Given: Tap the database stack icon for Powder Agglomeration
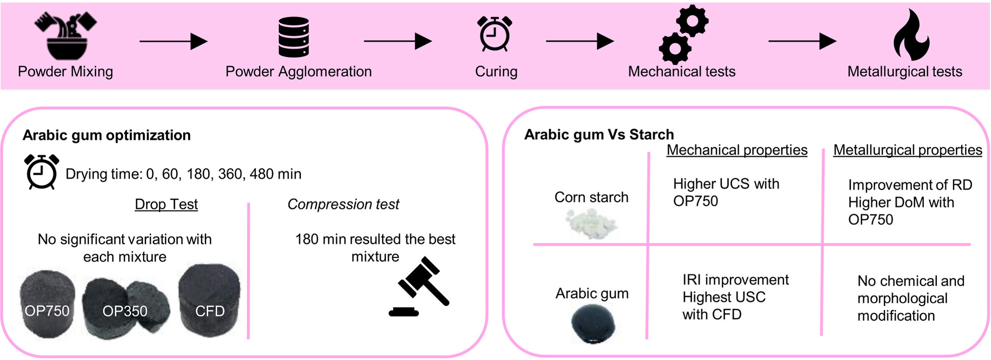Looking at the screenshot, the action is pos(293,37).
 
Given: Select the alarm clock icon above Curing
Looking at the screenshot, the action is pos(495,34).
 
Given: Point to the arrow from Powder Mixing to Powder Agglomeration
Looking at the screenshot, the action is pos(173,42).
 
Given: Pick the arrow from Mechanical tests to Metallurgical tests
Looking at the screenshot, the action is pos(802,42).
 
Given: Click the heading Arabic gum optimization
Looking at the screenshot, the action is pos(107,135).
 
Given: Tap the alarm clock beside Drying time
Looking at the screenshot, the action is pos(42,171).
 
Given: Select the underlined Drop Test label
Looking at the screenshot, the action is pos(166,204).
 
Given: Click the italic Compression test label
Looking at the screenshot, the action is pos(343,204).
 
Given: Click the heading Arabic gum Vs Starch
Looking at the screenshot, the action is pos(599,134).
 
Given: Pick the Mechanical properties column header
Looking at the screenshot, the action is pos(737,150).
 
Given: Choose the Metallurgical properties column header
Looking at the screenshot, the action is pos(908,150).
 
